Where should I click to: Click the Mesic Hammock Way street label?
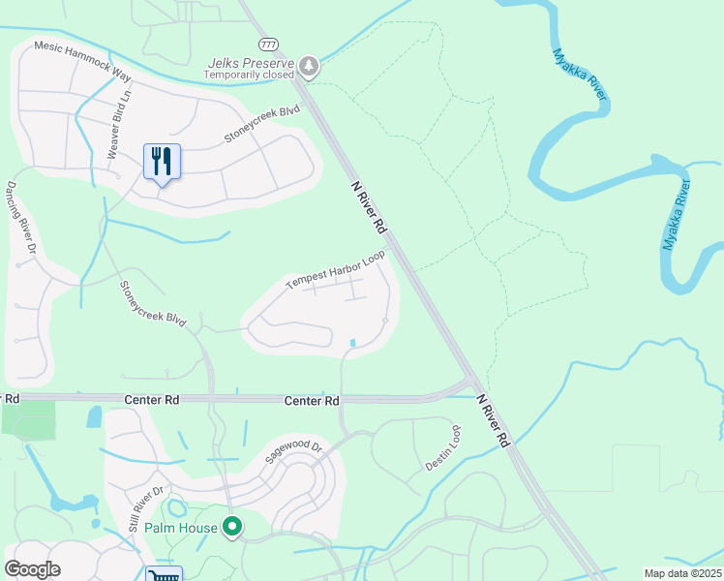coord(81,59)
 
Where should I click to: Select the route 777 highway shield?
coord(268,45)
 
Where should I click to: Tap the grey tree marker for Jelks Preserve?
coord(309,66)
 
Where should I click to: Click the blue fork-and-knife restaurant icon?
coord(162,162)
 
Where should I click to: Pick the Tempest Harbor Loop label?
coord(335,270)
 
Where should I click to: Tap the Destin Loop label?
coord(443,446)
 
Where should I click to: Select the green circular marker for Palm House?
coord(232,528)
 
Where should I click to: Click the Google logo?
coord(33,569)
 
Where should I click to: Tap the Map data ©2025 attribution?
coord(681,573)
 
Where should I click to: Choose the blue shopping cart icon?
coord(163,574)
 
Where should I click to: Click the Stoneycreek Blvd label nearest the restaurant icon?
coord(262,125)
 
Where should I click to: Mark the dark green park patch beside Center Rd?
coord(28,418)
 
